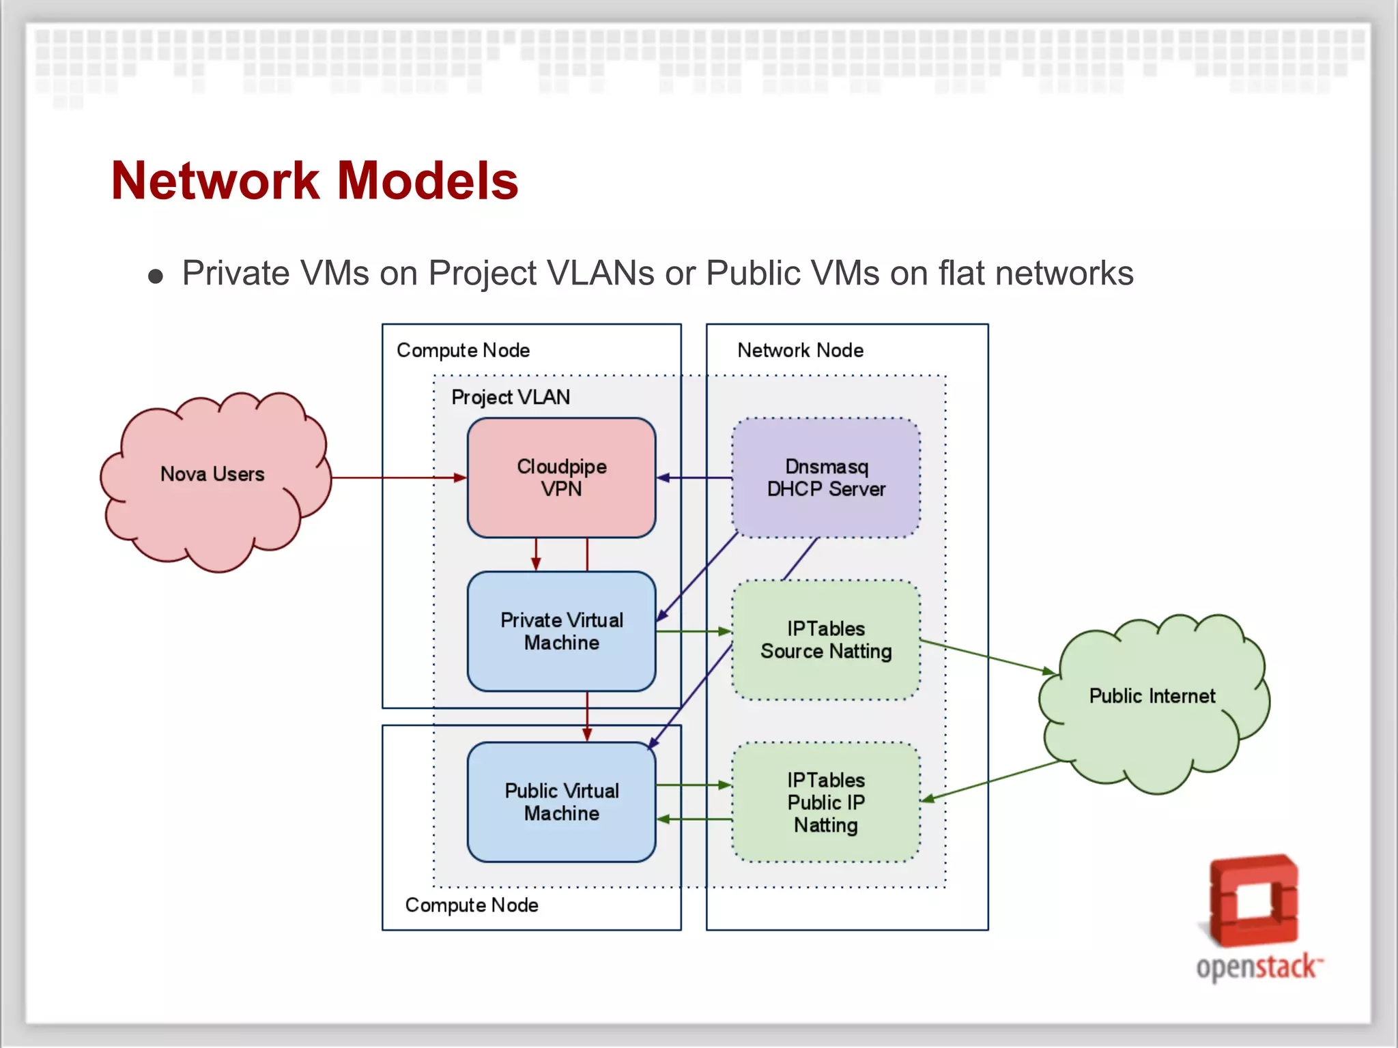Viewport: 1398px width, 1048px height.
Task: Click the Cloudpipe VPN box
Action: tap(561, 478)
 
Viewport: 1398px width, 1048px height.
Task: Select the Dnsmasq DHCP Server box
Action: tap(826, 478)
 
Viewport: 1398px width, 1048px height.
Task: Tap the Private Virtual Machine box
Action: tap(561, 631)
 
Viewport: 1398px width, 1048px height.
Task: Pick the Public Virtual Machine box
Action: tap(561, 802)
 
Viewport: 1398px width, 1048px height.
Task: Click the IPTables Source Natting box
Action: tap(826, 640)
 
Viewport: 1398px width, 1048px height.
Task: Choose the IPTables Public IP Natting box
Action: tap(826, 802)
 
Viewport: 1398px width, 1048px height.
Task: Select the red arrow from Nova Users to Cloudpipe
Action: tap(396, 478)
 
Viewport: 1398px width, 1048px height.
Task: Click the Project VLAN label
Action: tap(511, 397)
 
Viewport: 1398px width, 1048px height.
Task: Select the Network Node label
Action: tap(800, 350)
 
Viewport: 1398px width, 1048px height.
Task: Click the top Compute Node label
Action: tap(463, 350)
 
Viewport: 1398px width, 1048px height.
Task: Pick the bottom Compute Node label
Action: tap(471, 905)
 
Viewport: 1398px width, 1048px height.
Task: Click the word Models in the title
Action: tap(428, 181)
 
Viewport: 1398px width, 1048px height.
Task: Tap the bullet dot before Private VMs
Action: tap(156, 276)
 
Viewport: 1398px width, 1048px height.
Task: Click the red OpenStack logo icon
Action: tap(1253, 901)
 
